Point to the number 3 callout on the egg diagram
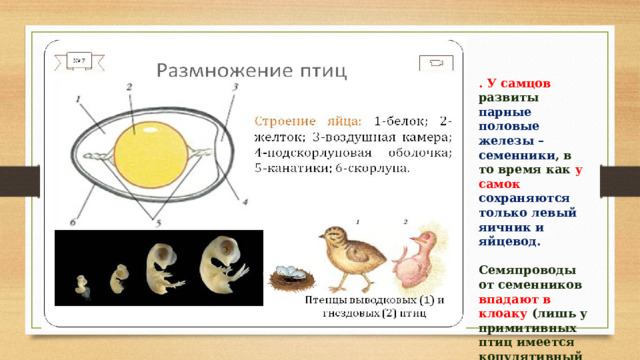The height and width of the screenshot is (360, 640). (x=233, y=88)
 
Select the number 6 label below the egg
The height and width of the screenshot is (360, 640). (x=73, y=221)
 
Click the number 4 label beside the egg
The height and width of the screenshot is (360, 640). (x=245, y=202)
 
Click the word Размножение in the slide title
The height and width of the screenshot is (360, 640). (x=222, y=70)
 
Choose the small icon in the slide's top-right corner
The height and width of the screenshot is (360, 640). (x=434, y=63)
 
